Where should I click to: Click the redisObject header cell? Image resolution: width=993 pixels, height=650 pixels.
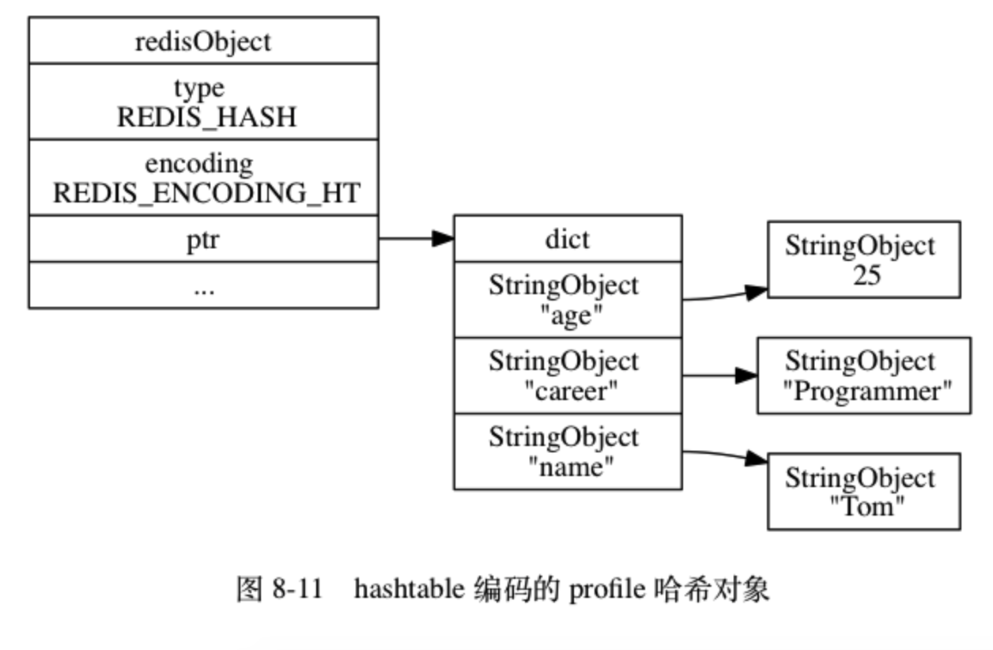pos(203,41)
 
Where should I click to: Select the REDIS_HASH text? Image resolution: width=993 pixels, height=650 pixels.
pos(206,117)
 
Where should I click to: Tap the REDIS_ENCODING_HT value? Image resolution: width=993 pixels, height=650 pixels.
pos(206,193)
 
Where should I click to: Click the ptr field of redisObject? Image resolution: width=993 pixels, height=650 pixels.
pos(203,240)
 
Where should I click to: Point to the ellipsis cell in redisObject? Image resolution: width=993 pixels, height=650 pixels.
pos(203,286)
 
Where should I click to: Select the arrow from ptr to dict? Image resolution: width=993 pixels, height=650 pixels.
pos(416,239)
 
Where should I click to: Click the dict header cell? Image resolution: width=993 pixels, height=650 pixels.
pos(567,239)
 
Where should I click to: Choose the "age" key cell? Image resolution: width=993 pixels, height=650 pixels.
pos(567,300)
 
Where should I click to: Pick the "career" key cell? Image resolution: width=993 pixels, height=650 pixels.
pos(567,376)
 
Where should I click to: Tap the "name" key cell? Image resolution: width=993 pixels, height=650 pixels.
pos(567,452)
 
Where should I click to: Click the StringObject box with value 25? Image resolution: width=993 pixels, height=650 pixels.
pos(863,259)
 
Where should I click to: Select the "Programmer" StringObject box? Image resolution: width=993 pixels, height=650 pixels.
pos(863,376)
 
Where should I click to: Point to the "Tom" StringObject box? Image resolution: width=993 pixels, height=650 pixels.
pos(863,491)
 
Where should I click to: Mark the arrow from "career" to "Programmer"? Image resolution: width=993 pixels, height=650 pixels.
pos(719,376)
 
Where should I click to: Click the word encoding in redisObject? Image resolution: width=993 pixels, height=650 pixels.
pos(199,164)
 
